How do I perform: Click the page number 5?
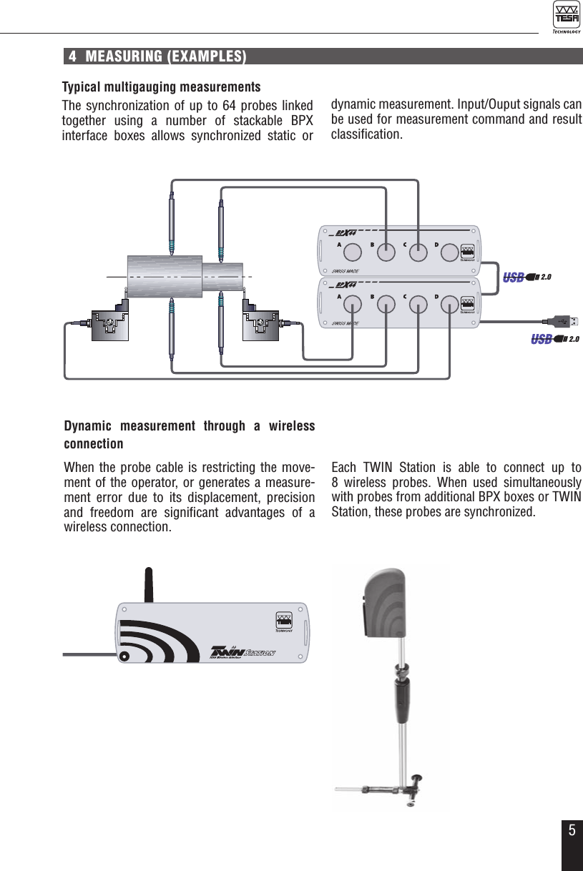pos(572,830)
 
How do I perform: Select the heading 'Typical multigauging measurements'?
pos(161,87)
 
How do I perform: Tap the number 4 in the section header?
pos(73,57)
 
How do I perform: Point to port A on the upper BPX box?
pos(353,252)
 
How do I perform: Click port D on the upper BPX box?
pos(449,252)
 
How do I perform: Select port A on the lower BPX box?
pos(353,305)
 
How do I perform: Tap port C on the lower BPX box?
pos(417,305)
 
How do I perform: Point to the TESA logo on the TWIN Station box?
pos(284,622)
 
